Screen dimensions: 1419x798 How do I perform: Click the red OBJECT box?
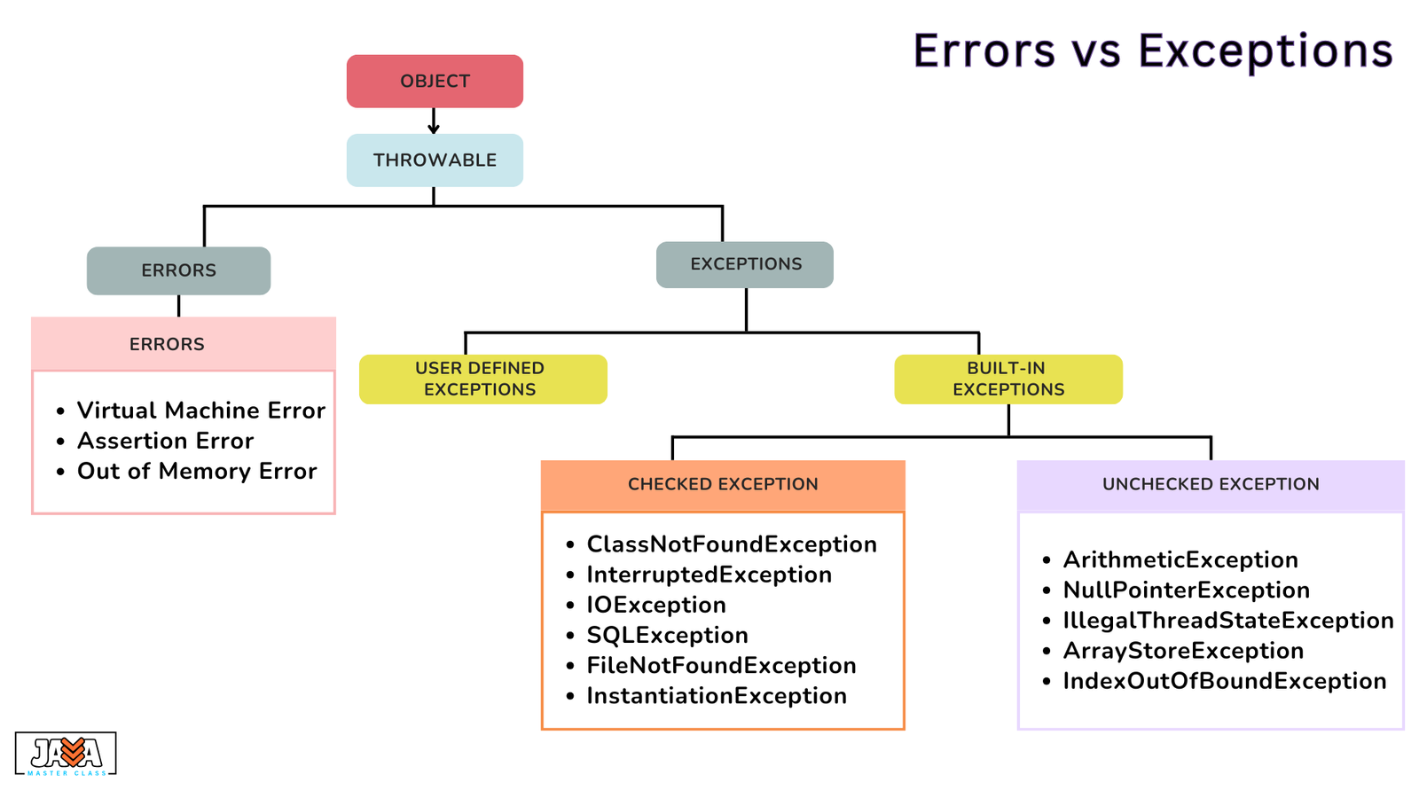[435, 81]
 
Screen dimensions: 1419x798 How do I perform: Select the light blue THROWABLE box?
[435, 160]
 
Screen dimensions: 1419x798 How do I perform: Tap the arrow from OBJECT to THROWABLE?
[434, 121]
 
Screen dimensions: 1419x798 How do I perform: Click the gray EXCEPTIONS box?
[745, 265]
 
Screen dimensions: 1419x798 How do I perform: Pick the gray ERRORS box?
[178, 270]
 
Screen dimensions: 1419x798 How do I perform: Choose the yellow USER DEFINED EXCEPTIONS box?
[482, 379]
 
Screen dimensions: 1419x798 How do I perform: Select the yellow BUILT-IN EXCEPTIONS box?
[1008, 379]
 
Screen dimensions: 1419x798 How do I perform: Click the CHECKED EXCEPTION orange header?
[723, 485]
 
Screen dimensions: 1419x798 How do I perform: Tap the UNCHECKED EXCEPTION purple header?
[1211, 485]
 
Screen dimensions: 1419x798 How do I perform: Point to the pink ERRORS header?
[184, 344]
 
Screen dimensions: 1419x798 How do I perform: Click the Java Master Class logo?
[66, 754]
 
